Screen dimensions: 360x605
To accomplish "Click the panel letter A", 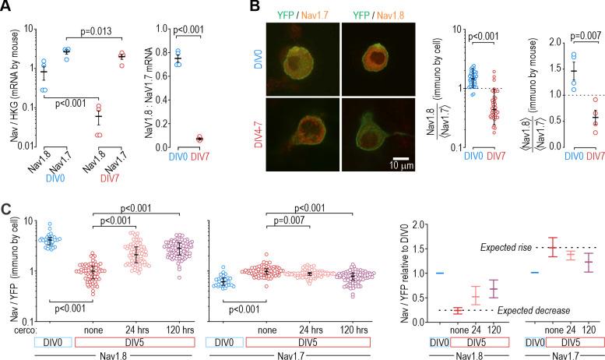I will coord(7,7).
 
